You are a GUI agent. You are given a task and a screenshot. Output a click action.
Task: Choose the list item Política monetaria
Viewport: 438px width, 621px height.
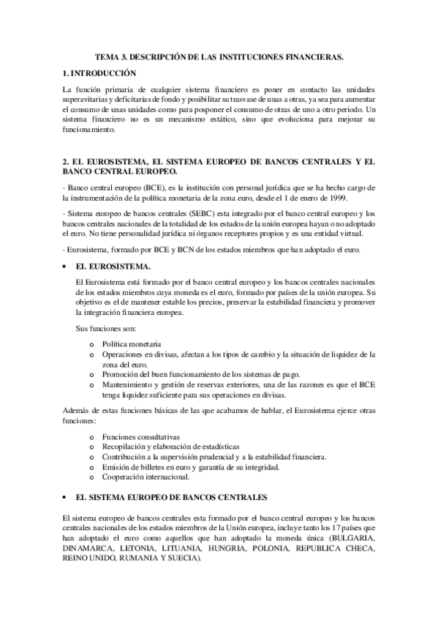[132, 343]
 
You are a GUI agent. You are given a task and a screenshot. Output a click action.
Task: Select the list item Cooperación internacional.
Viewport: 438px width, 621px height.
[146, 477]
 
